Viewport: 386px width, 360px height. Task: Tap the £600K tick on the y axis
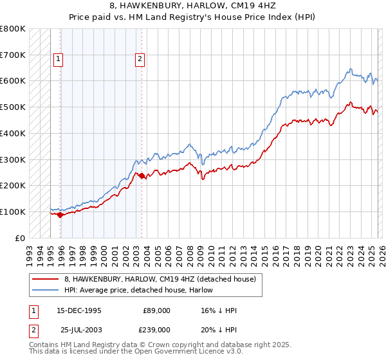coord(13,81)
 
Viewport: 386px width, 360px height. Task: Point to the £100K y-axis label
coord(13,212)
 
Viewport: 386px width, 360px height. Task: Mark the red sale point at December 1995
coord(60,215)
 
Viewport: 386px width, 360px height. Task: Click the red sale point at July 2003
coord(142,175)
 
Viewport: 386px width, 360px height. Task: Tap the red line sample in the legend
coord(46,279)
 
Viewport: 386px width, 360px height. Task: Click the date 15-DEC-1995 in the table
coord(78,310)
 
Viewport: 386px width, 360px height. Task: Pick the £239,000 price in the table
coord(156,329)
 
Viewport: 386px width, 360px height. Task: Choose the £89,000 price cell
coord(156,310)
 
